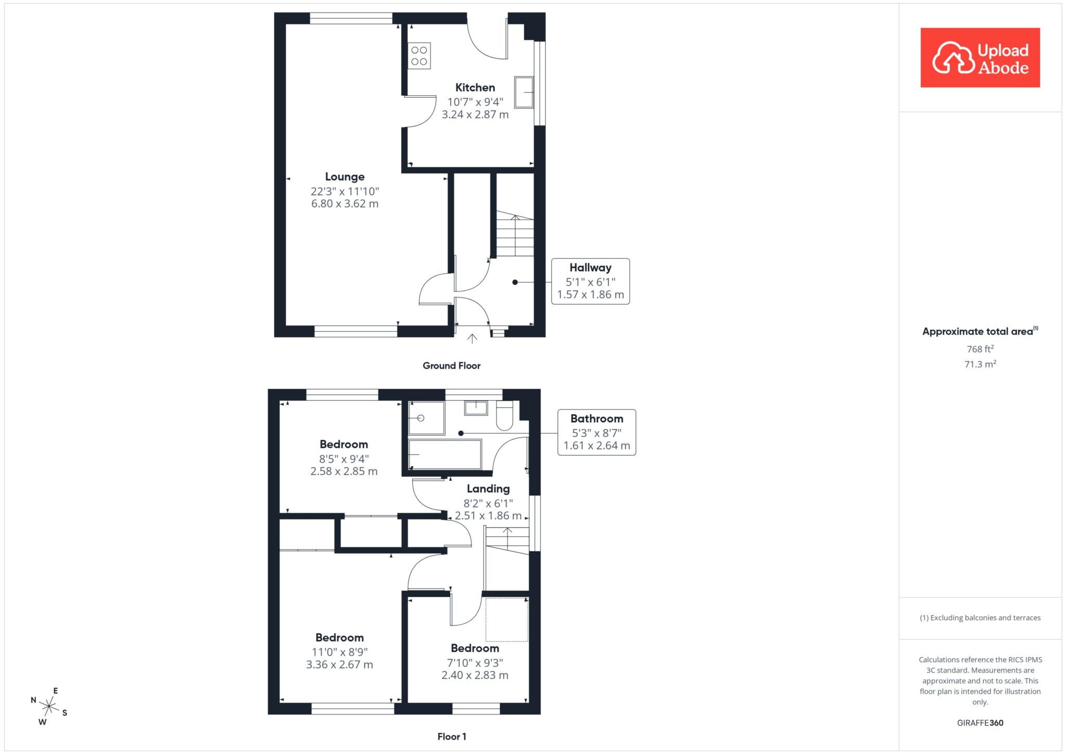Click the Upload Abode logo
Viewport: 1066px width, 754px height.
point(980,58)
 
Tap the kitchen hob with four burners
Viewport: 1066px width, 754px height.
point(419,56)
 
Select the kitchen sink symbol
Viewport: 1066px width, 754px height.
point(524,92)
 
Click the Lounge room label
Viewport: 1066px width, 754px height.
point(345,177)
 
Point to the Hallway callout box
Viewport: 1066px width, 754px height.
point(590,282)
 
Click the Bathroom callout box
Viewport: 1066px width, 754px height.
point(597,432)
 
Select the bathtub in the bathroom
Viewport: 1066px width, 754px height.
point(445,454)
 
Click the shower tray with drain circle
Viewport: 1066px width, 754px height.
point(426,418)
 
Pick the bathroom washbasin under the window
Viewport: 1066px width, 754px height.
point(476,408)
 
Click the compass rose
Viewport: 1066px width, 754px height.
point(49,706)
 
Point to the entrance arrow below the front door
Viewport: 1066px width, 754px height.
point(472,339)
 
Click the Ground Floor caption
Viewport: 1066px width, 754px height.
point(451,366)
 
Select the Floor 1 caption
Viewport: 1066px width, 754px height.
point(452,736)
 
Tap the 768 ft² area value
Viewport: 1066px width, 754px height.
point(980,349)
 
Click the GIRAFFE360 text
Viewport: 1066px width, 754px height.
point(980,723)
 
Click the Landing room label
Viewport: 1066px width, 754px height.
point(488,489)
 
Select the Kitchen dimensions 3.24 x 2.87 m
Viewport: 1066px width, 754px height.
point(475,114)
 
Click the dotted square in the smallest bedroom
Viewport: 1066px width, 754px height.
point(507,619)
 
